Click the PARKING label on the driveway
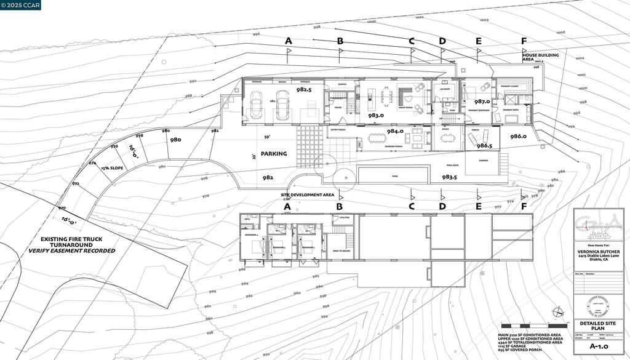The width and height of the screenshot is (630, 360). (x=274, y=154)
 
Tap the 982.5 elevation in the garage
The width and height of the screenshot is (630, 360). (x=304, y=90)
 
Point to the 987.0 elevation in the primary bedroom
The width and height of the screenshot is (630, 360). (x=482, y=102)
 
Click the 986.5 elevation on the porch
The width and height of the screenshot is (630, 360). (x=485, y=146)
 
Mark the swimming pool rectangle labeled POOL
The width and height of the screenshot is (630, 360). (x=394, y=176)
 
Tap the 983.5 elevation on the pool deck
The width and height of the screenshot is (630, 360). (x=449, y=177)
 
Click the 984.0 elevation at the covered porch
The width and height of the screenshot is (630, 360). (x=394, y=131)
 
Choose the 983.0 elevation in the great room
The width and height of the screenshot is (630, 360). (x=376, y=115)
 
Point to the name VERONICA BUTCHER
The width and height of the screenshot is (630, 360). (x=598, y=251)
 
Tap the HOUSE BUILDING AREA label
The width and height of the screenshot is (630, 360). (x=540, y=58)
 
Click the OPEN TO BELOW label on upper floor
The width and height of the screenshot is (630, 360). (x=341, y=251)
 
